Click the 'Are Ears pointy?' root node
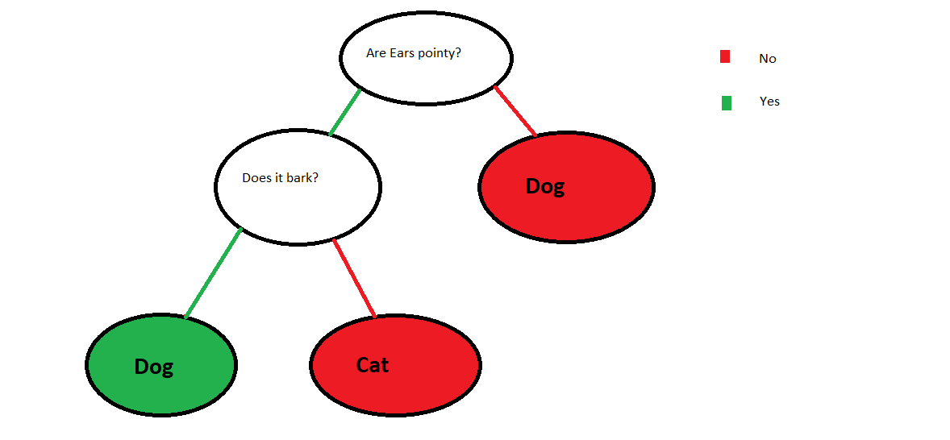426,58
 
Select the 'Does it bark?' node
298,186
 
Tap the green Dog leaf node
161,366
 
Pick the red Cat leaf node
396,365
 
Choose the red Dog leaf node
566,187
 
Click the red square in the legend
725,57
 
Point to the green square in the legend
726,103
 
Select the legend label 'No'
768,59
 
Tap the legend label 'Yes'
769,102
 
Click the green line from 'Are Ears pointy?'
344,113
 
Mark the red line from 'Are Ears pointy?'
515,110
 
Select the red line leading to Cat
354,278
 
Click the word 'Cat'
373,365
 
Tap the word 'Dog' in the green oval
154,367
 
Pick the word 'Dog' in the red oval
544,186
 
